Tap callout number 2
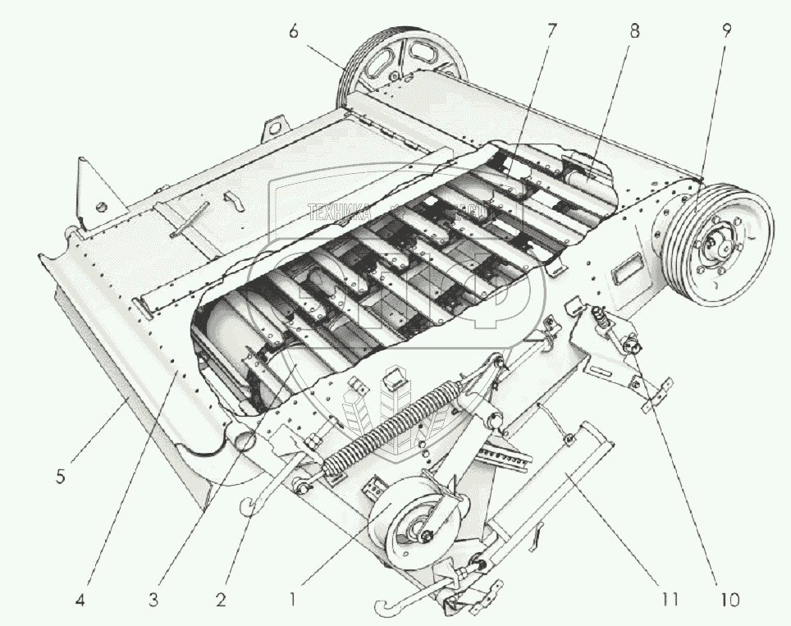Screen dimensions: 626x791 click(221, 599)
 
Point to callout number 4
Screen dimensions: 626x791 click(80, 599)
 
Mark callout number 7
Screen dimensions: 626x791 click(551, 31)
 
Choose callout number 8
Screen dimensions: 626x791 click(633, 31)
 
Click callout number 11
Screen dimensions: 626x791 click(669, 599)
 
